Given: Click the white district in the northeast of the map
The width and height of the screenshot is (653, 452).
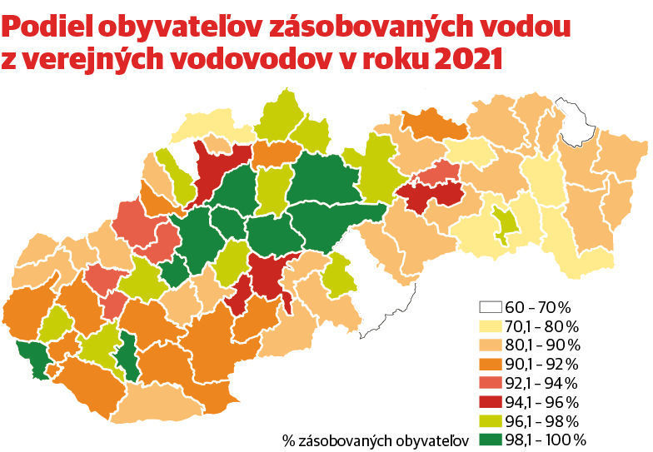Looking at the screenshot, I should tap(576, 122).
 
